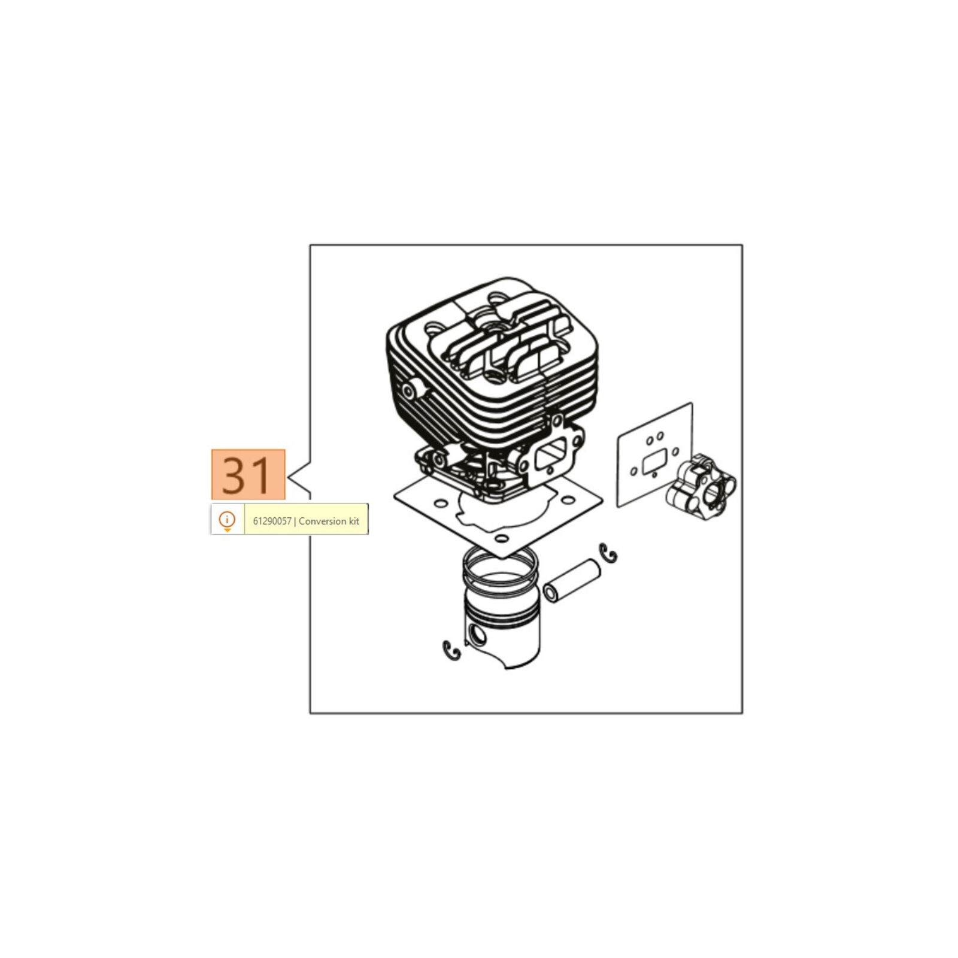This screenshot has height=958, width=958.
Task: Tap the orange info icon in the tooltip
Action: tap(227, 520)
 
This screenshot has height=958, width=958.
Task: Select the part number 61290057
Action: tap(272, 521)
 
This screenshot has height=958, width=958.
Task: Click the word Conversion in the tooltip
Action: tap(323, 521)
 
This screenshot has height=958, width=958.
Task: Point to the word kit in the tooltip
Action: tap(354, 521)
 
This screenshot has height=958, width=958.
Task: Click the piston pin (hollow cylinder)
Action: tap(571, 580)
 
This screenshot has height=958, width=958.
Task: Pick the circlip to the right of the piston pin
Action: tap(610, 553)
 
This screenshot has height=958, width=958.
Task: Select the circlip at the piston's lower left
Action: tap(452, 650)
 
